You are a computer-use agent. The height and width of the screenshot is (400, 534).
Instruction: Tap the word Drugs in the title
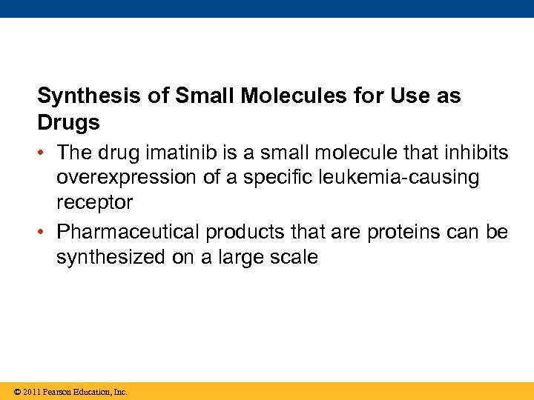tap(68, 122)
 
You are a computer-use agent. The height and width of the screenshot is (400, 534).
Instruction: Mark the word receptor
tap(94, 203)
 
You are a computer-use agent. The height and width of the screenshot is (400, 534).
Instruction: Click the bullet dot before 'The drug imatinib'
tap(44, 154)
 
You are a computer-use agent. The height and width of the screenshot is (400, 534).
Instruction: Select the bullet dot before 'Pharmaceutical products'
tap(44, 233)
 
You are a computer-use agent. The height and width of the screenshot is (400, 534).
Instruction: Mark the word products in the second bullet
tap(245, 233)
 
